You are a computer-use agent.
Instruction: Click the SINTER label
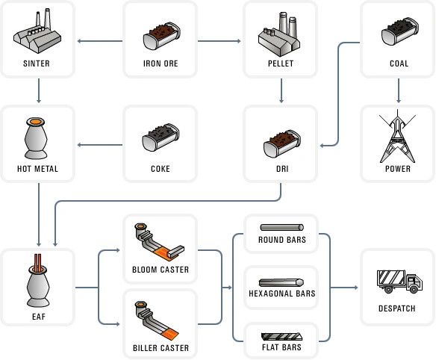point(37,63)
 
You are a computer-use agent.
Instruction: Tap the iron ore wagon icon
point(161,36)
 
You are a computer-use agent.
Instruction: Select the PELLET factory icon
point(279,34)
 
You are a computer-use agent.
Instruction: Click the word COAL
point(399,63)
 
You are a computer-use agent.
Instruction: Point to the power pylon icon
point(397,136)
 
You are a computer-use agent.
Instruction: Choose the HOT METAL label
point(37,169)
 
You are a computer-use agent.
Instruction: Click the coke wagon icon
point(161,137)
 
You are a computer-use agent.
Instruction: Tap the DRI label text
point(282,169)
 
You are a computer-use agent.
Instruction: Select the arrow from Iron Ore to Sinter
point(100,41)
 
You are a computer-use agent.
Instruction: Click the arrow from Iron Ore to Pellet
point(219,41)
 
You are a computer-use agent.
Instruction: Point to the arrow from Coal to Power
point(399,90)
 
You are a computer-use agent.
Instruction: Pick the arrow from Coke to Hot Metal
point(100,145)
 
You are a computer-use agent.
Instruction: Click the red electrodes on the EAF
point(38,262)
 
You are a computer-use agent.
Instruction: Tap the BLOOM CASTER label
point(161,270)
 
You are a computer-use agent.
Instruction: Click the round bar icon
point(282,227)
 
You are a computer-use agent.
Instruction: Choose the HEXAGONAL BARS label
point(282,294)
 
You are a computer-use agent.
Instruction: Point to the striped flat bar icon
point(281,336)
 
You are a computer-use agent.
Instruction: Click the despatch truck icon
point(399,282)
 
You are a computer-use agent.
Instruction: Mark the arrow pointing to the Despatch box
point(344,288)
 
